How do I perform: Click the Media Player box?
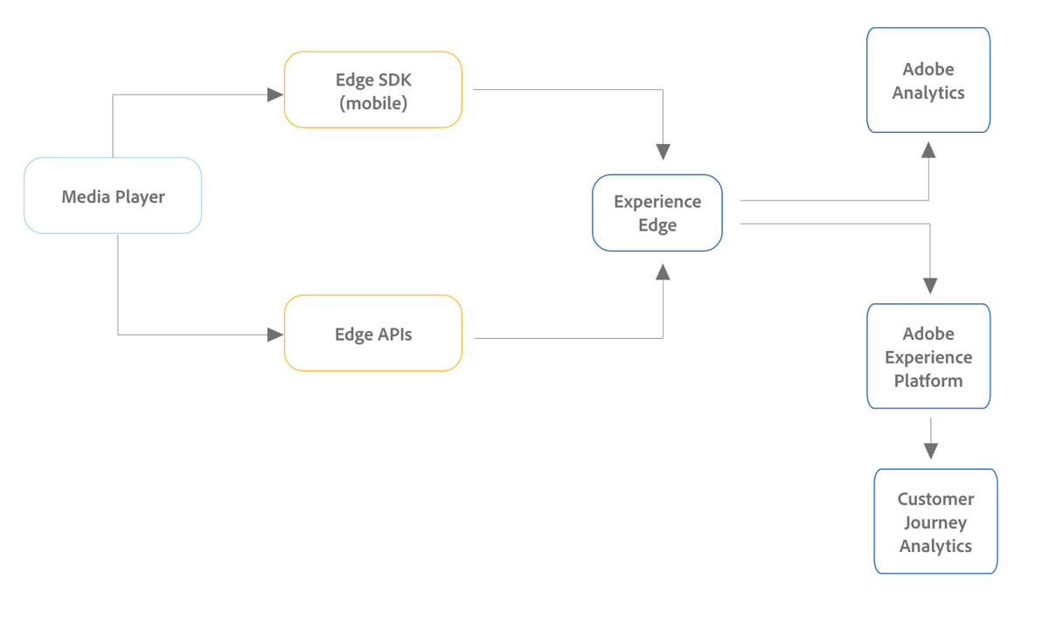[x=113, y=196]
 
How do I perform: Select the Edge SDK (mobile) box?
[x=373, y=90]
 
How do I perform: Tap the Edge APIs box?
[x=373, y=334]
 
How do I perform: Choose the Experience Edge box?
[x=657, y=213]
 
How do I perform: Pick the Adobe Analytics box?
[x=928, y=80]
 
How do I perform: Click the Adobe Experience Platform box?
[x=928, y=356]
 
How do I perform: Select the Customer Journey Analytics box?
[x=935, y=522]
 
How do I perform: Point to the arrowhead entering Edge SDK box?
[x=275, y=94]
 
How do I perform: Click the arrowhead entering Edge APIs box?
[x=275, y=335]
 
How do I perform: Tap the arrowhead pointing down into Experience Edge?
[x=663, y=151]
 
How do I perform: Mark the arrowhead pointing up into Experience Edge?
[x=663, y=272]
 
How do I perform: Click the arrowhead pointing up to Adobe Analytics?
[x=929, y=150]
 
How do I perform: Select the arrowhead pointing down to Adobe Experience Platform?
[x=930, y=285]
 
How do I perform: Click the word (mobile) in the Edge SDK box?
[x=373, y=103]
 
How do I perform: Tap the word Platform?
[x=928, y=381]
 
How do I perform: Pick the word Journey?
[x=935, y=522]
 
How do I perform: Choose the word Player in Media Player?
[x=140, y=197]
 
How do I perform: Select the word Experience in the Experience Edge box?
[x=657, y=202]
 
